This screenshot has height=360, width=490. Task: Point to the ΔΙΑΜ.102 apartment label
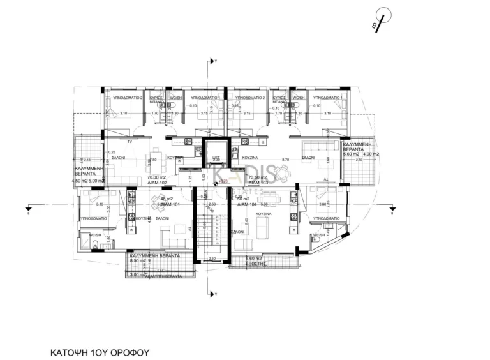[x=158, y=183]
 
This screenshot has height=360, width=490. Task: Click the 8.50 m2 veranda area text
[x=138, y=260]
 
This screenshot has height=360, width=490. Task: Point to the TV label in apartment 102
[x=130, y=140]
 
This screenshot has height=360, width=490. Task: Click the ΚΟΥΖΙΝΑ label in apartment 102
[x=176, y=157]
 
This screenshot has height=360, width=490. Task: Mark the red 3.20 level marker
[x=223, y=182]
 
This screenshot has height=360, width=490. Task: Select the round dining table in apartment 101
[x=157, y=202]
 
